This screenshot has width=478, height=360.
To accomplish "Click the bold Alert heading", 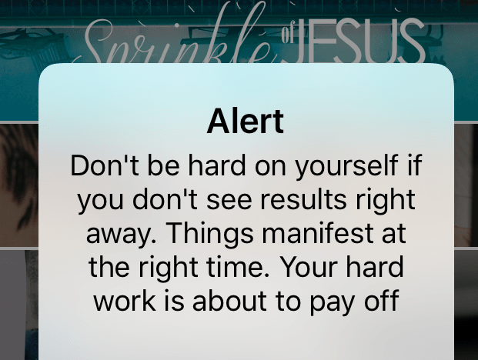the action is tap(246, 122).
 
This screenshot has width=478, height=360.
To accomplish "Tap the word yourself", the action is tap(346, 166).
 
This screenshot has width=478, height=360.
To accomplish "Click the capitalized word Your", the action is tap(309, 266).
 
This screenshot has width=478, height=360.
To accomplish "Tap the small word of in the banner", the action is tap(286, 35).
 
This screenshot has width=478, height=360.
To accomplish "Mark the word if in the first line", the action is tap(415, 165).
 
